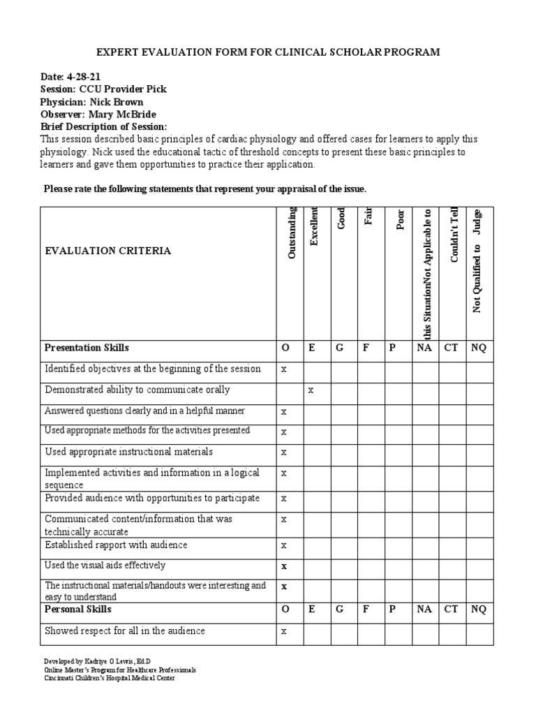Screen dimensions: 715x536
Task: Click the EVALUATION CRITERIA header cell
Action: (x=107, y=251)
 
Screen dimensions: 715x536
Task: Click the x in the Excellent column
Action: (x=311, y=390)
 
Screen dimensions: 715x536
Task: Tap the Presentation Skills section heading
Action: (x=87, y=348)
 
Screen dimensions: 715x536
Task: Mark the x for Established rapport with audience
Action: (x=284, y=545)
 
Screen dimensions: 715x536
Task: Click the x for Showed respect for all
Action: (x=284, y=632)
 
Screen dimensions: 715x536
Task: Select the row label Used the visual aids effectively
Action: (x=105, y=566)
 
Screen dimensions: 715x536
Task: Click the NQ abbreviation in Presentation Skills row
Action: (x=479, y=348)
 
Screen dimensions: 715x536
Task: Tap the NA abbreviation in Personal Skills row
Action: (x=424, y=610)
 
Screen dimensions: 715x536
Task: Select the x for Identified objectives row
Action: (x=284, y=369)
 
